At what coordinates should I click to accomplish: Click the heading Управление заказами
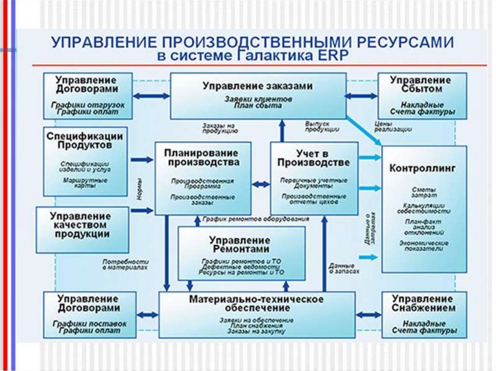(258, 86)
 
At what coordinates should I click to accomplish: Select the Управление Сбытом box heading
(421, 85)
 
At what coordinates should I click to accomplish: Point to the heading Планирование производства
(203, 157)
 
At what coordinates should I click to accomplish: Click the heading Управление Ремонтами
(239, 244)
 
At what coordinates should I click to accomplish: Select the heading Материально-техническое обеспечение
(256, 304)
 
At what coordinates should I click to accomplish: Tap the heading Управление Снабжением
(423, 303)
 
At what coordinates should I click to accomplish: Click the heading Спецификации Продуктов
(85, 140)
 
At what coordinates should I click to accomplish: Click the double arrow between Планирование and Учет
(261, 184)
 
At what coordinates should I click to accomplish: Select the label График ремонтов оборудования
(255, 219)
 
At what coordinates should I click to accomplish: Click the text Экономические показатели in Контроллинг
(424, 246)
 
